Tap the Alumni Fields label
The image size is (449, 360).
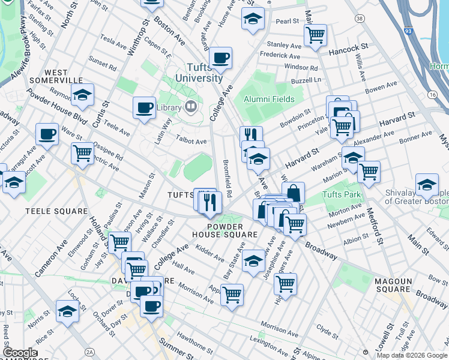pos(268,99)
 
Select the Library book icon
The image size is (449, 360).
pos(191,107)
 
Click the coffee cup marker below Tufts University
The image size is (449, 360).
pos(221,59)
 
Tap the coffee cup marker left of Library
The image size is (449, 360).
pos(144,109)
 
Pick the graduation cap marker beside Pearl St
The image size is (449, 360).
pos(253,19)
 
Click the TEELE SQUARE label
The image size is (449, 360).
pos(48,211)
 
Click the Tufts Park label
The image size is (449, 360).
pos(342,195)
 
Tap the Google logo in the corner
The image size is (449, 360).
pos(20,353)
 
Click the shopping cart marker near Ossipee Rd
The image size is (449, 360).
pos(82,154)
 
